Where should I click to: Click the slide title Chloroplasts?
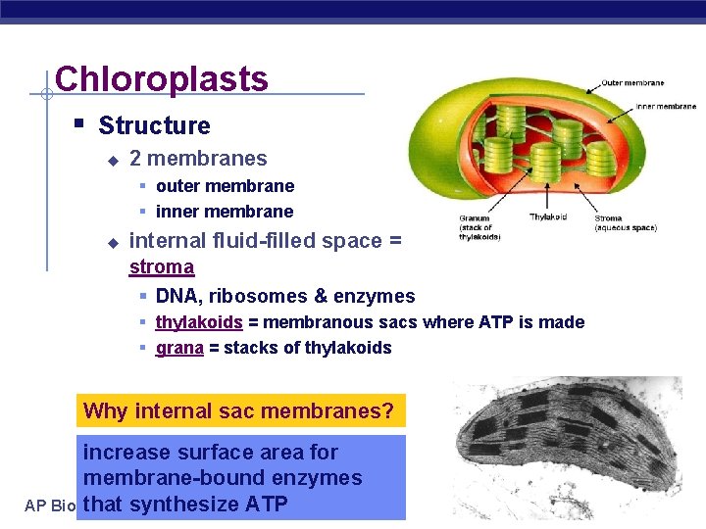click(x=162, y=78)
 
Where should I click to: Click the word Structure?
click(x=154, y=125)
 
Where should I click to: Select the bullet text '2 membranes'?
click(x=198, y=158)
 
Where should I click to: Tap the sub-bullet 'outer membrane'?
click(x=225, y=186)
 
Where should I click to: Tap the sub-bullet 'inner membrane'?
click(x=225, y=212)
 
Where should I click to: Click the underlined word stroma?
click(x=162, y=266)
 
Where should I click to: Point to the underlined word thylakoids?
click(x=199, y=322)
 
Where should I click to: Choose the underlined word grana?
click(x=179, y=348)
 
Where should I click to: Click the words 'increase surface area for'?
click(x=210, y=453)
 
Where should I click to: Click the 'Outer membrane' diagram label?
click(x=632, y=83)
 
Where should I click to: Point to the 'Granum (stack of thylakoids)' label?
click(x=479, y=227)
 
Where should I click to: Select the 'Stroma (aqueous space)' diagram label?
click(x=625, y=223)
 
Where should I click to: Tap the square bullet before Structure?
click(x=78, y=124)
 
